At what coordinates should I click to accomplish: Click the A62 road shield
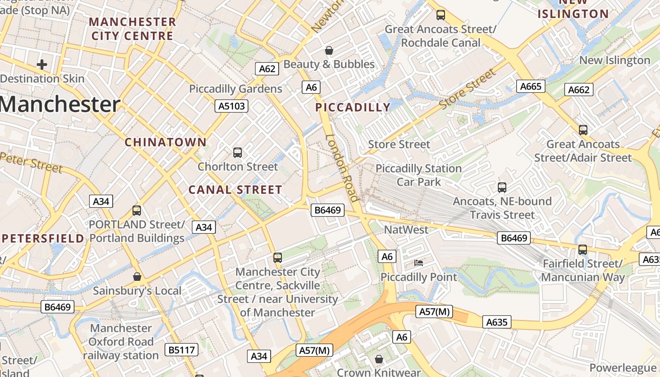point(267,69)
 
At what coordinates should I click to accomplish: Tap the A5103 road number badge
point(232,106)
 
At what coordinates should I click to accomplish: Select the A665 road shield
point(531,86)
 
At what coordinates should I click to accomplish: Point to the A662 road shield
point(578,90)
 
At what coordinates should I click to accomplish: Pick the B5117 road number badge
point(181,350)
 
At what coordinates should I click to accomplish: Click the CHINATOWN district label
point(165,142)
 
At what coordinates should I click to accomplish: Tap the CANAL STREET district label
point(235,190)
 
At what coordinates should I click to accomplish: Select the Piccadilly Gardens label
point(236,89)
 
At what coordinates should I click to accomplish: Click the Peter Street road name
point(31,162)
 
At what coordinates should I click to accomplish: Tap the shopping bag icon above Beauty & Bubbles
point(329,50)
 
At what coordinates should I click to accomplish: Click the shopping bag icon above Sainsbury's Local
point(137,277)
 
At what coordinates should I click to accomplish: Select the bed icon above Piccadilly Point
point(418,262)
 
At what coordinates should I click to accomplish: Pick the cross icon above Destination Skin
point(42,64)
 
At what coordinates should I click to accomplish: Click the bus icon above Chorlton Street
point(238,153)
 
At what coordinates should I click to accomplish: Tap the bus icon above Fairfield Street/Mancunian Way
point(583,250)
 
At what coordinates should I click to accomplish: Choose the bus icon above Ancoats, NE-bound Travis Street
point(502,188)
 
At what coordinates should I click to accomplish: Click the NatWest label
point(406,229)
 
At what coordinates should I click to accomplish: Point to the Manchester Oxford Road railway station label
point(121,342)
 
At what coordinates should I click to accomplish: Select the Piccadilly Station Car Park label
point(419,175)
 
